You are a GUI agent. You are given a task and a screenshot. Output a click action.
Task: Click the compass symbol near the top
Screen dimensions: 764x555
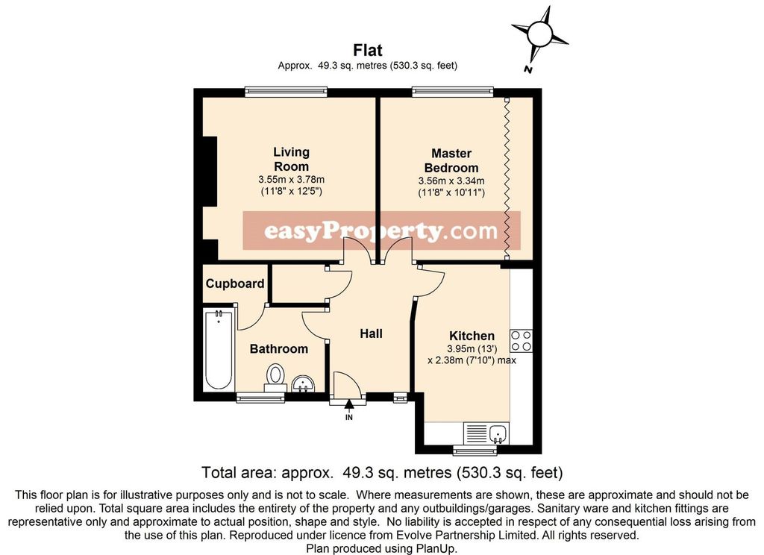(x=539, y=34)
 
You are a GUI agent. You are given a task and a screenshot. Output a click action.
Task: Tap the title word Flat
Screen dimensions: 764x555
(x=368, y=50)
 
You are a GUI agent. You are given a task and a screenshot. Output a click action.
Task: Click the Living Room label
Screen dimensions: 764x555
(x=291, y=159)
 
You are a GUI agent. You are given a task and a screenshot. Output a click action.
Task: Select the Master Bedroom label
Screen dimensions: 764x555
(x=451, y=160)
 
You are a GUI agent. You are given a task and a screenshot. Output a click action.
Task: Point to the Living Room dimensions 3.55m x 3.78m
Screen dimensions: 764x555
(x=292, y=180)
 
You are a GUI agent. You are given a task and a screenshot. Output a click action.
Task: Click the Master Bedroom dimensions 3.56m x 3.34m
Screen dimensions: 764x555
(x=451, y=181)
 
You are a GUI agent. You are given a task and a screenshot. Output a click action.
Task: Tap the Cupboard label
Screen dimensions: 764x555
(x=235, y=283)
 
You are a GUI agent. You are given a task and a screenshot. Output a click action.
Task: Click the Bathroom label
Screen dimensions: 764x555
(x=279, y=349)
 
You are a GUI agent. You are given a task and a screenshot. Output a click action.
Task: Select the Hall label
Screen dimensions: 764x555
(x=371, y=333)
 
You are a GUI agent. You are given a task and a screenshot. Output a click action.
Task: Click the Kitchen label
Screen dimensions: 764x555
(x=472, y=336)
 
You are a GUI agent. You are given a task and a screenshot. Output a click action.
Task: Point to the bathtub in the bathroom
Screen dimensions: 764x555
(x=218, y=349)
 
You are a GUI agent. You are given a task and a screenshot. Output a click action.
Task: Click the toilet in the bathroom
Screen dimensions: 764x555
(x=275, y=377)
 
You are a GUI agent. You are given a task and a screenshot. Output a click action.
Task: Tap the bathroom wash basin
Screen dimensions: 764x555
(x=304, y=383)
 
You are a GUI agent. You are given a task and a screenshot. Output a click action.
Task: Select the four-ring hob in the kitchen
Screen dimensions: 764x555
(x=521, y=341)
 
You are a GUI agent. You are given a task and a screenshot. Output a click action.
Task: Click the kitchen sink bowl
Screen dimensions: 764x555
(x=498, y=433)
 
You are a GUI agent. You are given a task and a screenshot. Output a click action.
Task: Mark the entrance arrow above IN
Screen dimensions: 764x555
(x=349, y=404)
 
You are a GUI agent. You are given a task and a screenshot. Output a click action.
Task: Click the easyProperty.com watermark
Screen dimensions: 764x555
(x=381, y=231)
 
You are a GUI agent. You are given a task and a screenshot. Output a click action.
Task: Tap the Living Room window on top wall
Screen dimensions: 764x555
(x=286, y=91)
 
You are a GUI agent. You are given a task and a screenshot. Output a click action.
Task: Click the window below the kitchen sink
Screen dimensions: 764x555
(x=475, y=450)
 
